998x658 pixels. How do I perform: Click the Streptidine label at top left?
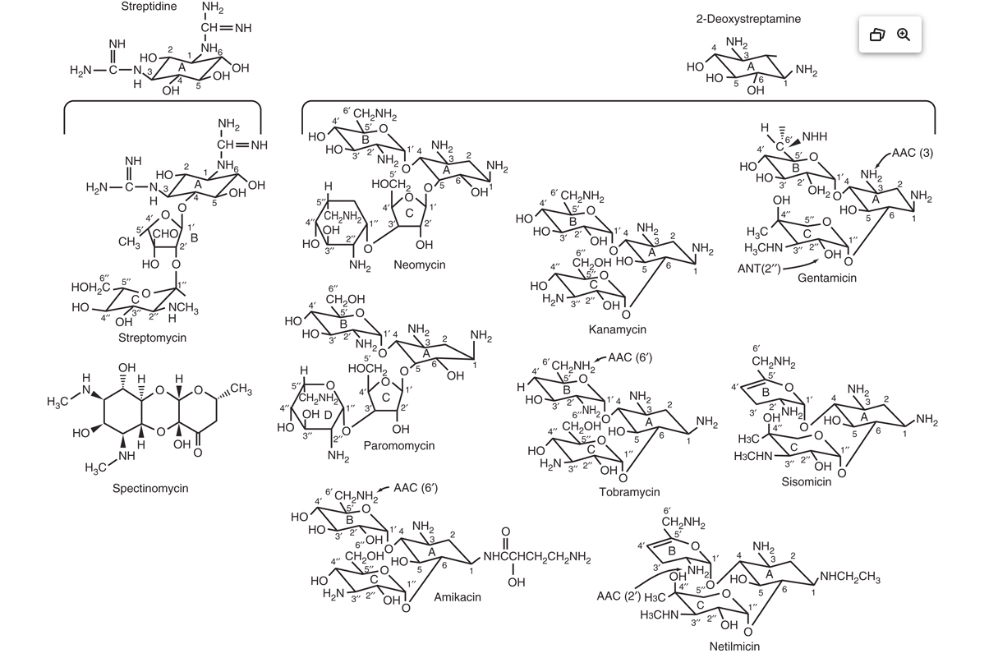149,7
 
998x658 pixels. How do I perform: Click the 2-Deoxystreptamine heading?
748,19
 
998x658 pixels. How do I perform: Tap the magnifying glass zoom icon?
904,35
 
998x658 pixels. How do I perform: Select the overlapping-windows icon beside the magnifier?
877,35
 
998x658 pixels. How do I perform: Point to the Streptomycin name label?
153,338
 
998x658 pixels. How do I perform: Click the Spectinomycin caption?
150,488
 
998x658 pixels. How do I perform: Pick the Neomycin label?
419,265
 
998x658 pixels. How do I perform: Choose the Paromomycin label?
398,445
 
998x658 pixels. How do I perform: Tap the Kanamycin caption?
617,329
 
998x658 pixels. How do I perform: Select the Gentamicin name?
827,278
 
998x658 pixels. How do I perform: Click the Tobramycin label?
629,492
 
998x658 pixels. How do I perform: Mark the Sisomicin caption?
807,481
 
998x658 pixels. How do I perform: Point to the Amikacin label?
458,597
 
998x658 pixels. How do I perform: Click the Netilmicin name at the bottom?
734,646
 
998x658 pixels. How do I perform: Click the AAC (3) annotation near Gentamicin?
913,153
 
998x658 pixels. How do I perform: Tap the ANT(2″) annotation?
759,269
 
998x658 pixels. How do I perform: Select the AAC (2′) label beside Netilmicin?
619,596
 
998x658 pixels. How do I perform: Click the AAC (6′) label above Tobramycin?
630,357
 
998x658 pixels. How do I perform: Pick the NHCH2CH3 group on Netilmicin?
850,577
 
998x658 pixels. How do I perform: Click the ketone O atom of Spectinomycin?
198,453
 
